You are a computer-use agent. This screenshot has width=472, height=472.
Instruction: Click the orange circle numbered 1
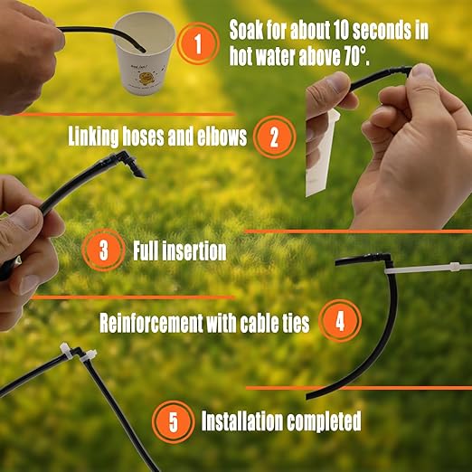pyautogui.click(x=197, y=43)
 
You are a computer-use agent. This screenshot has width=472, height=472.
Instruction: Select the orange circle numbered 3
pyautogui.click(x=104, y=250)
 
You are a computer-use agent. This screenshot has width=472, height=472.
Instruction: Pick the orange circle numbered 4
pyautogui.click(x=339, y=321)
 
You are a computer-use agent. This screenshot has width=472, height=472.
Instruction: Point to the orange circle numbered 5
pyautogui.click(x=173, y=421)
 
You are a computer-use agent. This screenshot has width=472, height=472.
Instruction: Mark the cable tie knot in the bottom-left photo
pyautogui.click(x=69, y=349)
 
